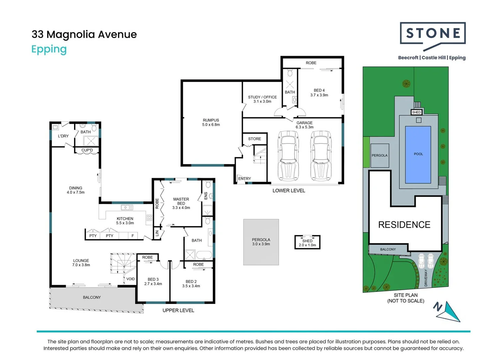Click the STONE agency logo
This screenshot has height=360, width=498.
click(432, 33)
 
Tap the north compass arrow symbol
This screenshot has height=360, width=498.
click(448, 311)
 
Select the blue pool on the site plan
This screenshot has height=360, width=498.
click(418, 154)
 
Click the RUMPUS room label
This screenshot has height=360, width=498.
click(211, 120)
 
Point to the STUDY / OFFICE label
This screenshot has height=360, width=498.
click(262, 97)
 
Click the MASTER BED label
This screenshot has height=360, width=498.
click(181, 201)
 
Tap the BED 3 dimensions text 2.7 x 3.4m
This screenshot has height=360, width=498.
click(153, 284)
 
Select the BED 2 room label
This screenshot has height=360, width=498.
click(191, 282)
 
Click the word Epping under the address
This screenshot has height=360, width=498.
click(49, 49)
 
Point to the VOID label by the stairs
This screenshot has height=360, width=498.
click(131, 279)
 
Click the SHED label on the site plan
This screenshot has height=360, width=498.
click(416, 112)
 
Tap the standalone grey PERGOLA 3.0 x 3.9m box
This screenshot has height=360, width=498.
click(261, 242)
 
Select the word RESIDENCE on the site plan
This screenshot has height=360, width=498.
click(404, 225)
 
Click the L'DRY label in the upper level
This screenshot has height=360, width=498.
click(63, 136)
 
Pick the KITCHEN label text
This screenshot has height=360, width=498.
click(125, 219)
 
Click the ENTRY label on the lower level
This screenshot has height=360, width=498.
click(245, 179)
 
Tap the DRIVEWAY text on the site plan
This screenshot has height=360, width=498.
click(426, 278)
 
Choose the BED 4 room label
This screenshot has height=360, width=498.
click(319, 90)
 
